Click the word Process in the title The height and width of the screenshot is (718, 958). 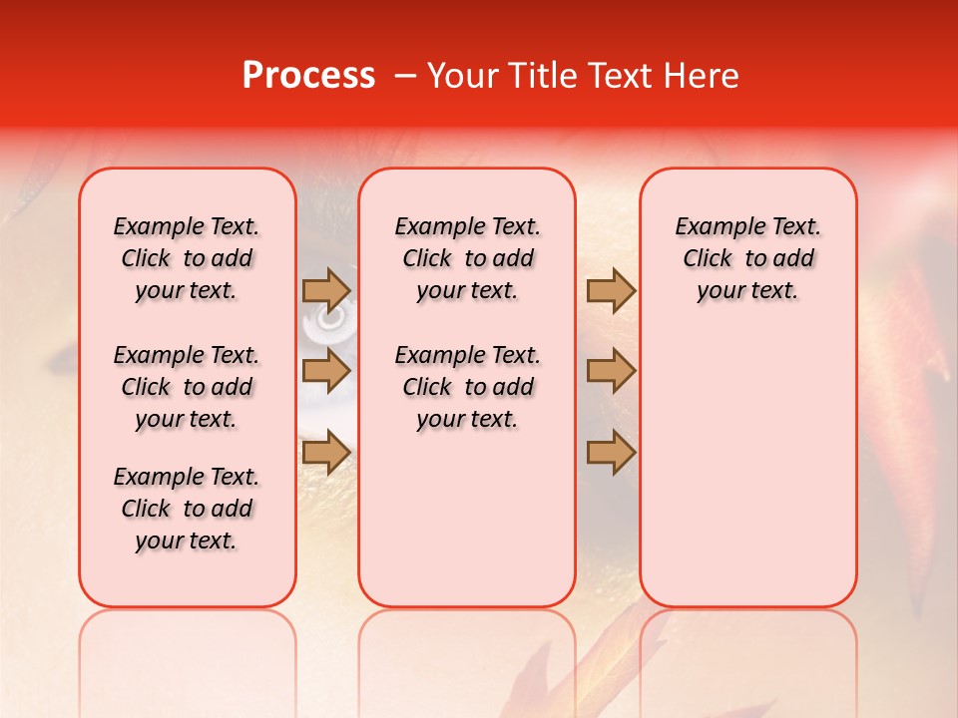[308, 76]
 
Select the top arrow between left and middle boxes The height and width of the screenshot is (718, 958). [326, 291]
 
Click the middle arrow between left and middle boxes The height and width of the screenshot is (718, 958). [326, 371]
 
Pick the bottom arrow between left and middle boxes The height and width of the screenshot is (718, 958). [326, 452]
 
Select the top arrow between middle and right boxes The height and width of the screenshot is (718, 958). [611, 291]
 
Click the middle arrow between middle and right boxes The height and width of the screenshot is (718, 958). [611, 371]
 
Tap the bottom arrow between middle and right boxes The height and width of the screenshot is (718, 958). [611, 452]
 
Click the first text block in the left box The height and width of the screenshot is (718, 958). [187, 258]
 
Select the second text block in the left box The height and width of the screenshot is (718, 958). [187, 387]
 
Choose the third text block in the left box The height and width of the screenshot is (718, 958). [187, 509]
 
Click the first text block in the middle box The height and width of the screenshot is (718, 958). [467, 258]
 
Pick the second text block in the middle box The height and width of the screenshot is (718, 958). [467, 387]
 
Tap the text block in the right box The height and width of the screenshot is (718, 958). [747, 258]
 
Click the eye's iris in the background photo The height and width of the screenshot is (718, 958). [328, 321]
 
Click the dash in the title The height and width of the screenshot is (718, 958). [404, 76]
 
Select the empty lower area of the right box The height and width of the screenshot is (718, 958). [747, 469]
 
